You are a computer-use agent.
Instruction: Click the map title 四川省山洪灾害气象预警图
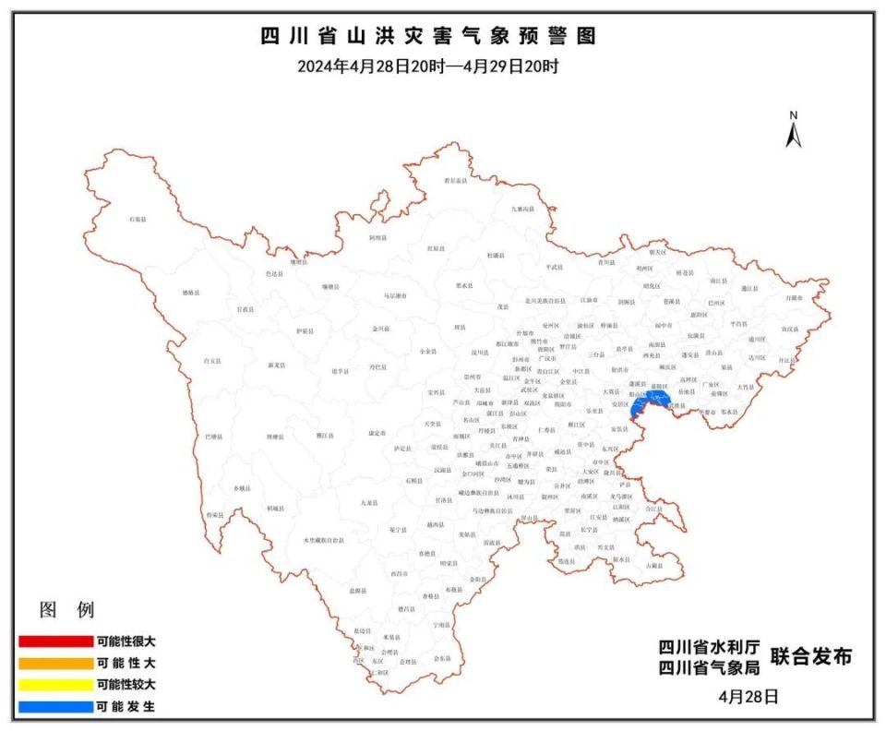428,36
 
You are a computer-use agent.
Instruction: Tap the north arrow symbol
793,130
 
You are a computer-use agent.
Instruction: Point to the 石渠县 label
138,219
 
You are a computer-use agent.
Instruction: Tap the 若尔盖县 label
455,181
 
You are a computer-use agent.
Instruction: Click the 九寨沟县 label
523,209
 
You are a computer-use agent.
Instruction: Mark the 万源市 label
794,298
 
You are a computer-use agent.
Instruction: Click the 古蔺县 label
654,565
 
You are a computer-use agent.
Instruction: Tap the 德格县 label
190,293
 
